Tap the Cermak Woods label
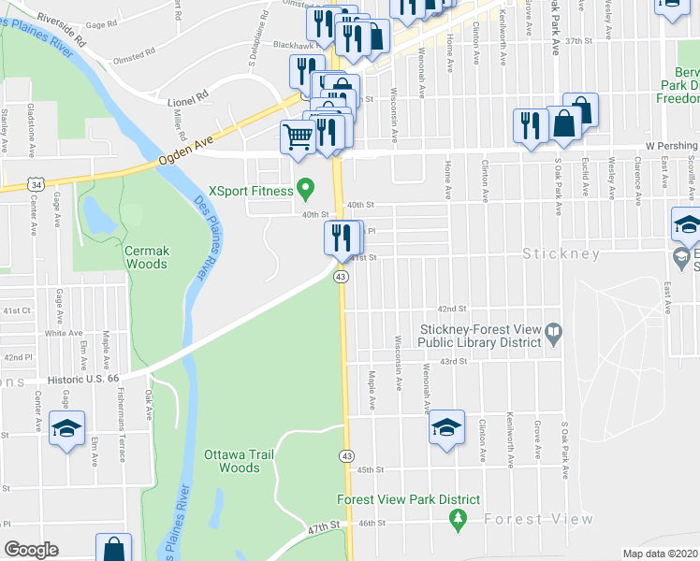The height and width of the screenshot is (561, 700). [146, 257]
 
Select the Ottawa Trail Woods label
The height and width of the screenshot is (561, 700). [232, 461]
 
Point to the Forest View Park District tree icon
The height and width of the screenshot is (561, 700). [458, 518]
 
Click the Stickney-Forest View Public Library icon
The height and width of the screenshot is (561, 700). [553, 331]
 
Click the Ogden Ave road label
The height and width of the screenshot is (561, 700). [186, 149]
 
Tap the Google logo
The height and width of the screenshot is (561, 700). [31, 550]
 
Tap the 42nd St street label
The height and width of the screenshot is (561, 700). [452, 309]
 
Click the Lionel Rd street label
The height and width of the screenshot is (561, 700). [188, 95]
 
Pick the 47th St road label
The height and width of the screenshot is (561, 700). [324, 528]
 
